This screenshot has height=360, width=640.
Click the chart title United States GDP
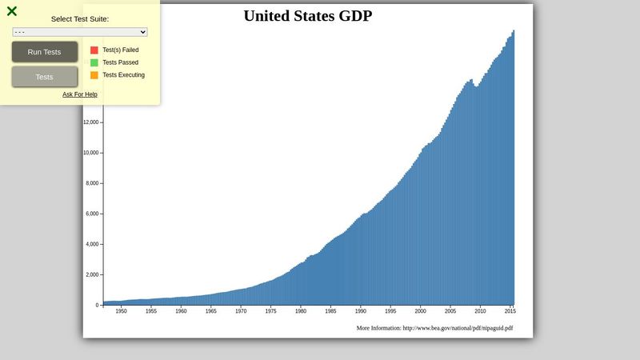(307, 16)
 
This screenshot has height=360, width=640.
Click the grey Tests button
(45, 77)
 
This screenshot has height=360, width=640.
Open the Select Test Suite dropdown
(80, 32)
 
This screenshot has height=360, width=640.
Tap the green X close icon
(12, 11)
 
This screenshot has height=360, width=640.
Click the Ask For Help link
(80, 94)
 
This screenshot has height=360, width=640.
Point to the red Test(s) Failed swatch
(94, 50)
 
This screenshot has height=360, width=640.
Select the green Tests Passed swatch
(94, 62)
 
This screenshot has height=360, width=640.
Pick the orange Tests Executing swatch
(94, 75)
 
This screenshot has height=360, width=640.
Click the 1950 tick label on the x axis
(121, 311)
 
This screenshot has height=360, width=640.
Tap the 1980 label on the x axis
(301, 311)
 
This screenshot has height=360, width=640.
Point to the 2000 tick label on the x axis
(421, 311)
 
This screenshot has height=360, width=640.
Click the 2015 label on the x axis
(509, 311)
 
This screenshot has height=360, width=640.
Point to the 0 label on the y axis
(97, 305)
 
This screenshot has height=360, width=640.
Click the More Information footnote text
(434, 328)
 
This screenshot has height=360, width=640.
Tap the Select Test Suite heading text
(80, 18)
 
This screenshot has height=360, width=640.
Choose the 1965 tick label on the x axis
(210, 311)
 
